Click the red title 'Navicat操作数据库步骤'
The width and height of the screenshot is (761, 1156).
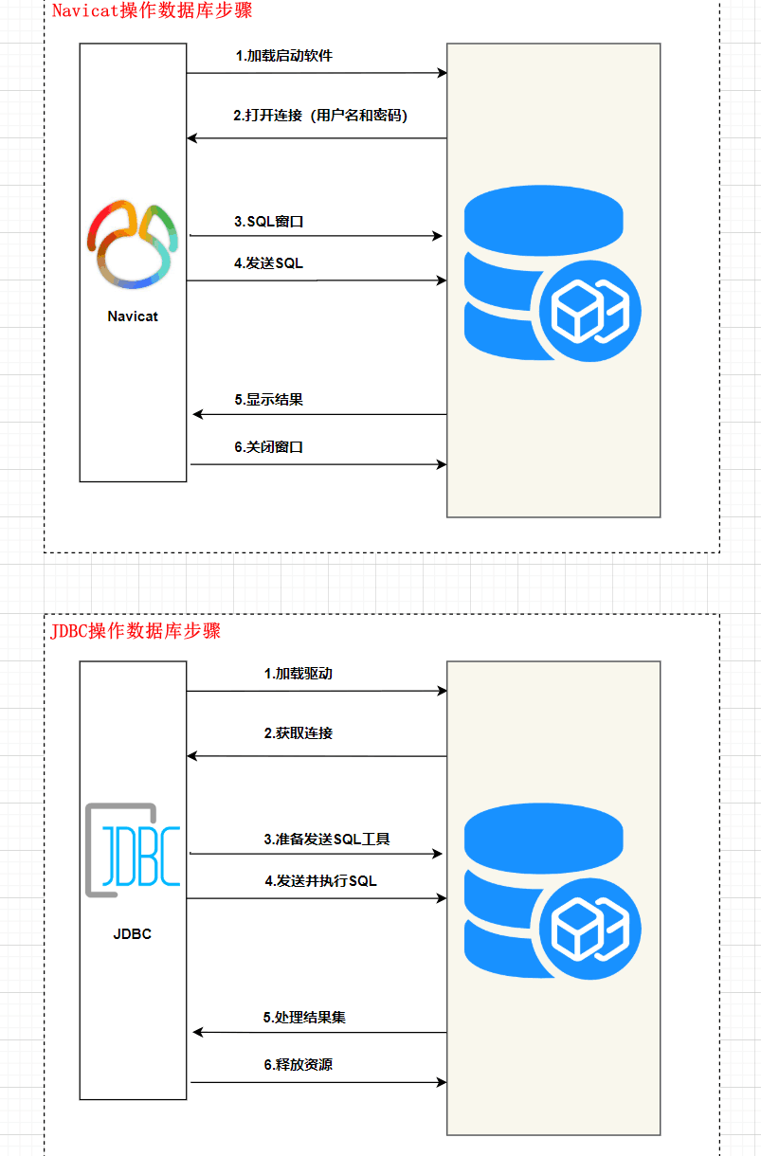[152, 11]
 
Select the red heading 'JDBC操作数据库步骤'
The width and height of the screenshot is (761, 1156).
[136, 631]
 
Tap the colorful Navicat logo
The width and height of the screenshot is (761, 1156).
[133, 244]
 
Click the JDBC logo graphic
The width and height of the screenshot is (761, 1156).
[133, 850]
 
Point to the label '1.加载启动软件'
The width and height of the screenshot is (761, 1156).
[284, 56]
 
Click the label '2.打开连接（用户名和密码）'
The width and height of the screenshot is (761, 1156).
[320, 116]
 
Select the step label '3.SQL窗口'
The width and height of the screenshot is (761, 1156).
[269, 222]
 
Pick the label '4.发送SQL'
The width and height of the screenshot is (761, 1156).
[269, 263]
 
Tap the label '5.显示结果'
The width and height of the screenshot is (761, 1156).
[269, 400]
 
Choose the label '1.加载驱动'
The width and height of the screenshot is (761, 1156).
[298, 675]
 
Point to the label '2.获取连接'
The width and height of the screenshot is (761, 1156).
[298, 733]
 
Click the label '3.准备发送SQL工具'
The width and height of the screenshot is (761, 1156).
[327, 840]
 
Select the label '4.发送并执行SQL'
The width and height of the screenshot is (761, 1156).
[320, 881]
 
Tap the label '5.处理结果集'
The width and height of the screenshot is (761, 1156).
[304, 1018]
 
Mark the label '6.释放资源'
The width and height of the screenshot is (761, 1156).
[298, 1065]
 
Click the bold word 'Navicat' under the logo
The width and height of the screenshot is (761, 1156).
[133, 316]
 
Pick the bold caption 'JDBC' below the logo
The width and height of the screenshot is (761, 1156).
[133, 934]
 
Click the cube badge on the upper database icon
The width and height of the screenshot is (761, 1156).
[589, 310]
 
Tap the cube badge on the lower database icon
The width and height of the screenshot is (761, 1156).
[589, 928]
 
